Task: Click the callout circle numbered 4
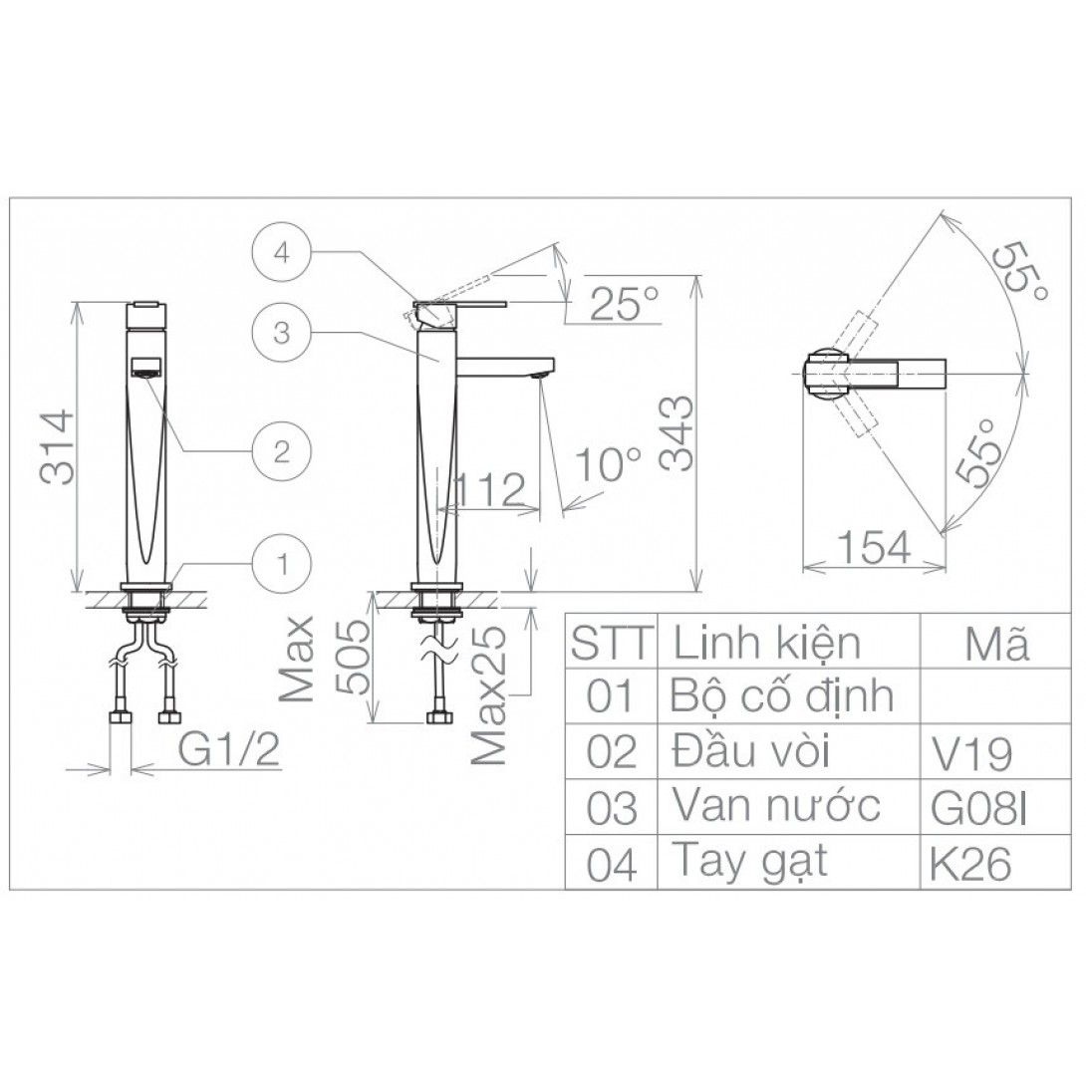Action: [x=281, y=253]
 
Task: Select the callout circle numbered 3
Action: [x=281, y=333]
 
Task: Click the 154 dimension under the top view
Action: [x=874, y=547]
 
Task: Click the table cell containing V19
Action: [x=971, y=754]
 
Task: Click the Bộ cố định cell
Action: [x=783, y=696]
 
